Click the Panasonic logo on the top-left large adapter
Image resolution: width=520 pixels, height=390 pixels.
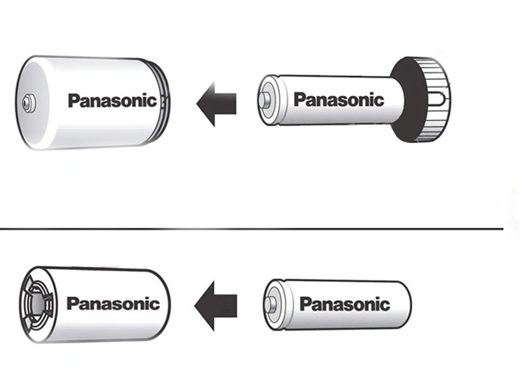coord(112,100)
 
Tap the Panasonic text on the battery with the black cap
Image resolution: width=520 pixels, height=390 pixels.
coord(339,99)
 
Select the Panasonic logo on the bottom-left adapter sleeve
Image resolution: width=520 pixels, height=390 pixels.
coord(113,303)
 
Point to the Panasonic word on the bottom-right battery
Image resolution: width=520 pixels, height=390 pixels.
coord(345,304)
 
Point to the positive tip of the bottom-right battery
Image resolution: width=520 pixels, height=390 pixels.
coord(270,304)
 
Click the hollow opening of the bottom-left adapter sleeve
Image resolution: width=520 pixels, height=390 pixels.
coord(38,304)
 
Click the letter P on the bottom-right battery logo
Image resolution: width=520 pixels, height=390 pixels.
coord(305,304)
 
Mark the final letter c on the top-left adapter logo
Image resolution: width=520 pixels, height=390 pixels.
coord(151,101)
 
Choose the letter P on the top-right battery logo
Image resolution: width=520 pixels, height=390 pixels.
coord(299,99)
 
